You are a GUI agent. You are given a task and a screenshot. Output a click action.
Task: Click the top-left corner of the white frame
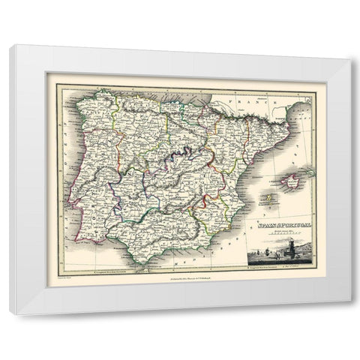tap(10, 46)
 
